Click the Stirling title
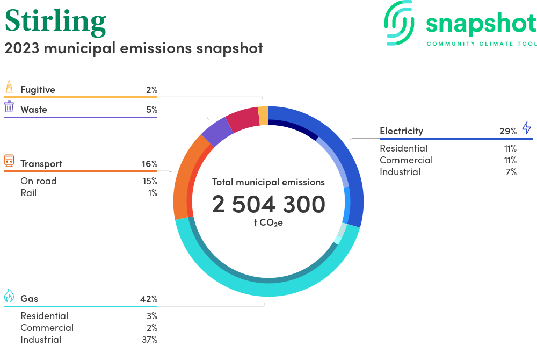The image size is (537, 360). [x=55, y=20]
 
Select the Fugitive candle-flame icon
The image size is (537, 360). [x=9, y=87]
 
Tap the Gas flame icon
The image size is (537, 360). [x=9, y=296]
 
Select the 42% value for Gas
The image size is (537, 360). [x=149, y=299]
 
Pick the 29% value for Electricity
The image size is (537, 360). [x=508, y=131]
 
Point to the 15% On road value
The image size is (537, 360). [x=150, y=181]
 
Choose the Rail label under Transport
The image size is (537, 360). [x=28, y=193]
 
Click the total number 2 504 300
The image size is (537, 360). [x=268, y=205]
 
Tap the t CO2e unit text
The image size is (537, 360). [x=268, y=222]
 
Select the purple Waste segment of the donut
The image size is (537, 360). [x=216, y=132]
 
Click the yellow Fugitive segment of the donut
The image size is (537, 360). [x=263, y=116]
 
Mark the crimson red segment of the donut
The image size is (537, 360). [x=243, y=119]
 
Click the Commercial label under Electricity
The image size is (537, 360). [x=406, y=160]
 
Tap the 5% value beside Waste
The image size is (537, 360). [x=151, y=110]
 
